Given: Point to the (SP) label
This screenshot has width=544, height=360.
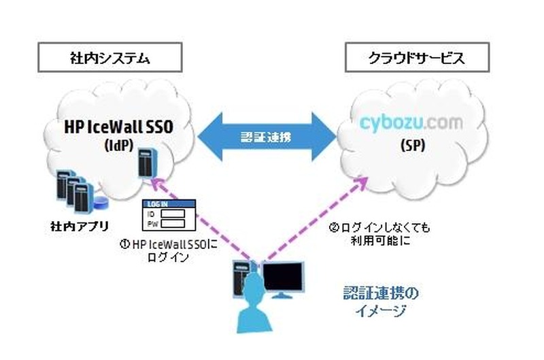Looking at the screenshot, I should [412, 146].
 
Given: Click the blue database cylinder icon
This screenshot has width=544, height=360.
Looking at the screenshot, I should [101, 202].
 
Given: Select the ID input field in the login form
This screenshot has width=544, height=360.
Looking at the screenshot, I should [176, 214].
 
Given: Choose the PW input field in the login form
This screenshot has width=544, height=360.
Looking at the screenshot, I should [176, 223].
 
